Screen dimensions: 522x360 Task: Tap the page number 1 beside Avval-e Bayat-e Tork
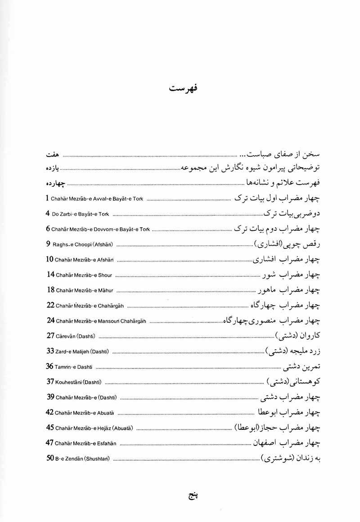click(x=47, y=198)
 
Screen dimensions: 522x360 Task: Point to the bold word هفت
click(x=53, y=155)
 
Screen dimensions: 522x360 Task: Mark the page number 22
click(x=50, y=305)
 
